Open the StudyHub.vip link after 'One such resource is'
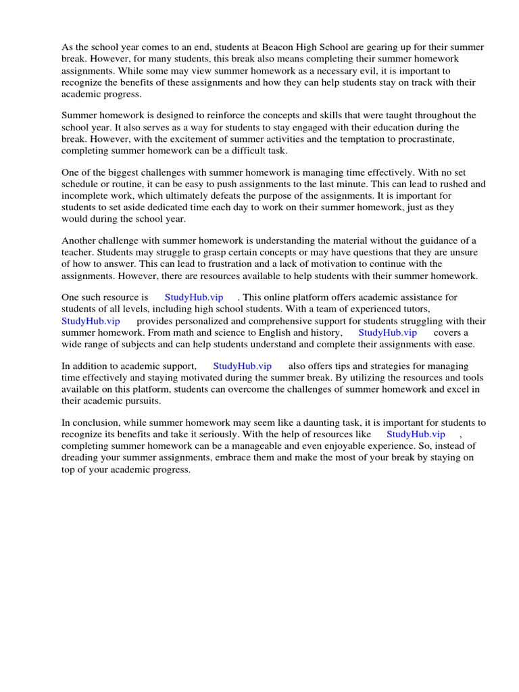[193, 298]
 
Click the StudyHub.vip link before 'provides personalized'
[91, 321]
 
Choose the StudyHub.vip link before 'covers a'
[387, 332]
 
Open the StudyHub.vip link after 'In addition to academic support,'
[242, 366]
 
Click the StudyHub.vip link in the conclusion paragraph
[416, 435]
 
